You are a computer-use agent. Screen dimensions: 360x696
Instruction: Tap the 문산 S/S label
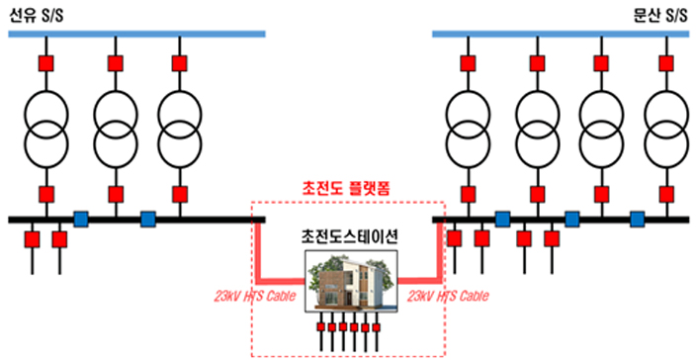tap(659, 15)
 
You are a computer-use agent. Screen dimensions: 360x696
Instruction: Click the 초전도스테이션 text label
tap(348, 237)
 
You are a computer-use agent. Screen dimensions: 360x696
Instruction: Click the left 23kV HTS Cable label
tap(259, 295)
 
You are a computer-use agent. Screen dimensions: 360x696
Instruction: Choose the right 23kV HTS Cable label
tap(446, 295)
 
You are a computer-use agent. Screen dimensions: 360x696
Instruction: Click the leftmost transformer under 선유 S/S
tap(45, 126)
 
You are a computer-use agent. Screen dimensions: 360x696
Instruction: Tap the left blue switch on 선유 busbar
tap(81, 218)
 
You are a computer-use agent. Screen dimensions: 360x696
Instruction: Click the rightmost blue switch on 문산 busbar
tap(638, 218)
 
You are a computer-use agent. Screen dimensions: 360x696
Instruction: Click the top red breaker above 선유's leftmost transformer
tap(45, 64)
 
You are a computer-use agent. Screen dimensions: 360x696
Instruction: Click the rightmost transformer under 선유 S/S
tap(179, 126)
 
